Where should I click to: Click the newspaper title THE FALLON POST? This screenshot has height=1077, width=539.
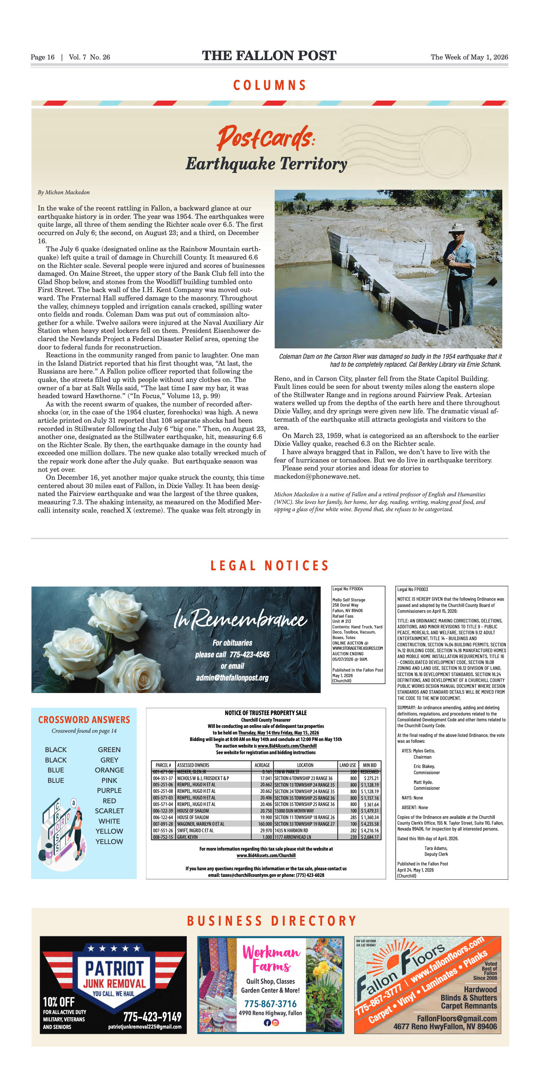click(x=269, y=56)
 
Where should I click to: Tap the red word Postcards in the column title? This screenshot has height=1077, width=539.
click(x=264, y=138)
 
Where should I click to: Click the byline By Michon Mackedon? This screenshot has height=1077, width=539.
click(x=64, y=192)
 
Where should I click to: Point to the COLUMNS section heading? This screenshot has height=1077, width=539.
click(x=269, y=85)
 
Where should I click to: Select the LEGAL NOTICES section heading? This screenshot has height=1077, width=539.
click(x=269, y=566)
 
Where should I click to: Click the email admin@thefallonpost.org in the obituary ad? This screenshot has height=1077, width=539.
click(x=232, y=677)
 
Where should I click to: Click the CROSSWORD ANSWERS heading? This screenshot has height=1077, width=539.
click(x=84, y=720)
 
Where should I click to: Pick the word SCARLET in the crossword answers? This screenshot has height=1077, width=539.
click(x=109, y=811)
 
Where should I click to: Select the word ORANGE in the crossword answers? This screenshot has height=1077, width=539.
click(x=109, y=770)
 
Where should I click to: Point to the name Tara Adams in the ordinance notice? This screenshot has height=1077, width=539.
click(x=436, y=848)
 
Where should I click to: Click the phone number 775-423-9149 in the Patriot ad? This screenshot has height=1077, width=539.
click(x=152, y=1017)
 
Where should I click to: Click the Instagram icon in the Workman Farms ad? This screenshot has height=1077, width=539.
click(x=275, y=1023)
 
